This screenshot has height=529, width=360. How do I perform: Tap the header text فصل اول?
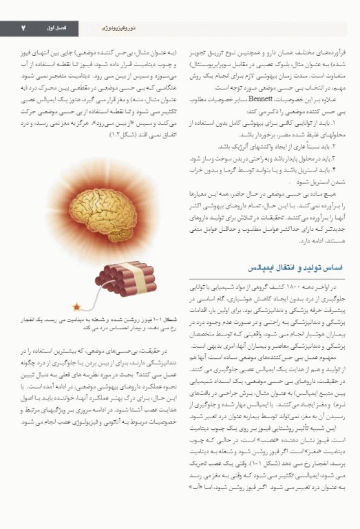pos(90,28)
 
